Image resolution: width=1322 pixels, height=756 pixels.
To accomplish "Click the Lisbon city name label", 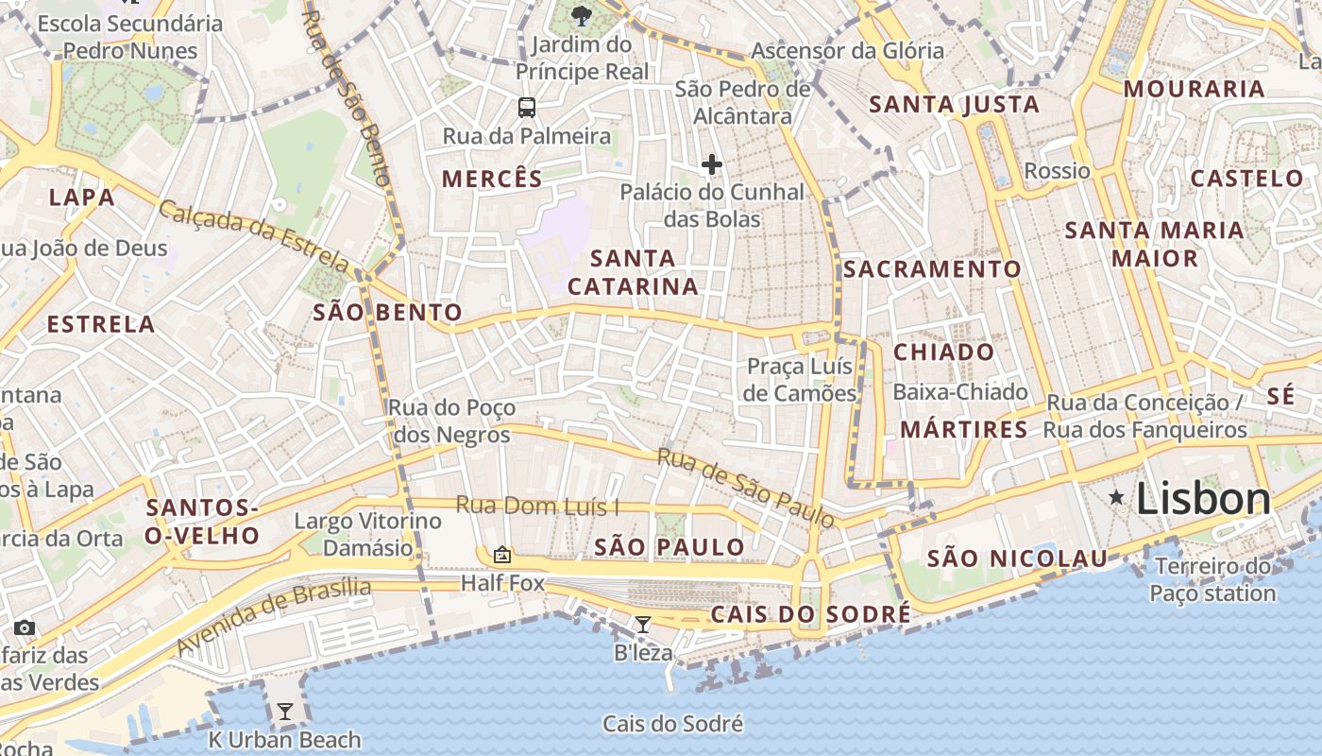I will tap(1203, 498).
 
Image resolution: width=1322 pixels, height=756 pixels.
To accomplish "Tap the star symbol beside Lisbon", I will tap(1116, 496).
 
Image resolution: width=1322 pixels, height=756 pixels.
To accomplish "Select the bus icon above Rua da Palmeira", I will tap(526, 108).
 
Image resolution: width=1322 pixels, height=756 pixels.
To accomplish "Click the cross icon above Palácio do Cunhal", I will tap(711, 165).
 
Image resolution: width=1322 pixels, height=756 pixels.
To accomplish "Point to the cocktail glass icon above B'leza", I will tap(643, 624).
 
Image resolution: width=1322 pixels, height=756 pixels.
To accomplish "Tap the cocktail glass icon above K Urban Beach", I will tap(284, 712).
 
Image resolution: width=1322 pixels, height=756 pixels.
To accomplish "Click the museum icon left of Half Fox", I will tap(501, 555).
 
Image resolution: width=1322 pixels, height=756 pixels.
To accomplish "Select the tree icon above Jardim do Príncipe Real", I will tap(582, 15).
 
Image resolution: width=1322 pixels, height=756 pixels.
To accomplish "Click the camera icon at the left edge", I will tap(24, 627).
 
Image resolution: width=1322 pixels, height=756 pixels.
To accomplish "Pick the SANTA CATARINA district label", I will tap(634, 271).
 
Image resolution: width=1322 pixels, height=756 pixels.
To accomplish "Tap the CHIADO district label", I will tap(943, 352).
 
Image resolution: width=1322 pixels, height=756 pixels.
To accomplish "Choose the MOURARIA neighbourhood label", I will tap(1194, 89).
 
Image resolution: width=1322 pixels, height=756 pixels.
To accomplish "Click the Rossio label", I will tap(1057, 171).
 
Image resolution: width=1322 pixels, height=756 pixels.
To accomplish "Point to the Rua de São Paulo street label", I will tap(746, 488).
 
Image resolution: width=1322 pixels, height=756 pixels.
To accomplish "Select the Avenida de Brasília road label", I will tap(274, 617).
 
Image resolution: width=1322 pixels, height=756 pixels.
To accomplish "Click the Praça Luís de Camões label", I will tap(800, 379).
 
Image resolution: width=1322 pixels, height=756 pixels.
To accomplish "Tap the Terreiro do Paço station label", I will tap(1212, 579).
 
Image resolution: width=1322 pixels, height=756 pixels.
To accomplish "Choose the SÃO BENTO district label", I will tap(387, 313).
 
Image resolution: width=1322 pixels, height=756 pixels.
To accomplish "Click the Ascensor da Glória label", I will tap(847, 51).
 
